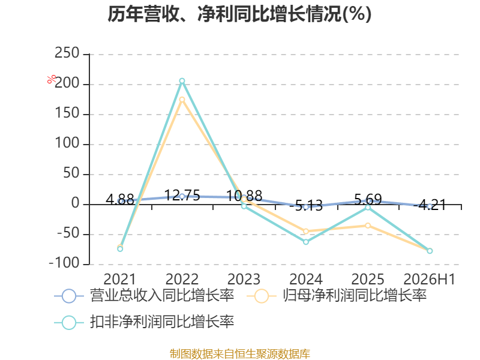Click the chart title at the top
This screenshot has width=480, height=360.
[239, 14]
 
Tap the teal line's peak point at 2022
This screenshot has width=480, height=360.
[182, 81]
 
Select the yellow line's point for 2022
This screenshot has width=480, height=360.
[182, 100]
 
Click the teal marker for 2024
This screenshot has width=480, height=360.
[306, 242]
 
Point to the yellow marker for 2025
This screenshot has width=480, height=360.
[368, 226]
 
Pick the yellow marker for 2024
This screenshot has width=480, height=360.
[306, 231]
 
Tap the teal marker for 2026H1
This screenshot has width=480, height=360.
[430, 251]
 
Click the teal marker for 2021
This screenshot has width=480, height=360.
[120, 249]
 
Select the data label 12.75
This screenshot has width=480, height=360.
[182, 196]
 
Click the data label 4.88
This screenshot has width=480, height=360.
[120, 200]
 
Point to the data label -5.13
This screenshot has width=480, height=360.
[306, 206]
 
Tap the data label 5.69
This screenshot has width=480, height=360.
[368, 200]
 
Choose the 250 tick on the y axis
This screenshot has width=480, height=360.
[67, 53]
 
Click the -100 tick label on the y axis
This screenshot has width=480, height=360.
[64, 263]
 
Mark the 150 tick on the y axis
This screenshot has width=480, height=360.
[67, 113]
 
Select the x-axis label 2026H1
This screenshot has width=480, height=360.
[430, 279]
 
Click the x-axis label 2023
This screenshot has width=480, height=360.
[244, 279]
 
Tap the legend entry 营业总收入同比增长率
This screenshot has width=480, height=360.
[144, 296]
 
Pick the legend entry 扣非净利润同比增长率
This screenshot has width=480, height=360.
[144, 322]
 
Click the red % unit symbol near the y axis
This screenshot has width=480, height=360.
[52, 79]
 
